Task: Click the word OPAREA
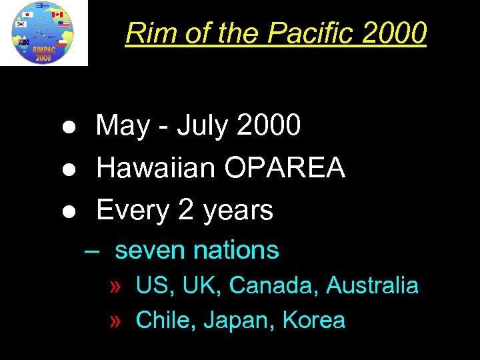(x=285, y=168)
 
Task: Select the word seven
(x=149, y=251)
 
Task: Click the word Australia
(x=372, y=286)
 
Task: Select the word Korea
(x=314, y=321)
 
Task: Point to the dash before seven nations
(x=92, y=251)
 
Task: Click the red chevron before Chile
(x=116, y=321)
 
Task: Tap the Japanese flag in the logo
(x=27, y=14)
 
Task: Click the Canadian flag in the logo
(x=57, y=14)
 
